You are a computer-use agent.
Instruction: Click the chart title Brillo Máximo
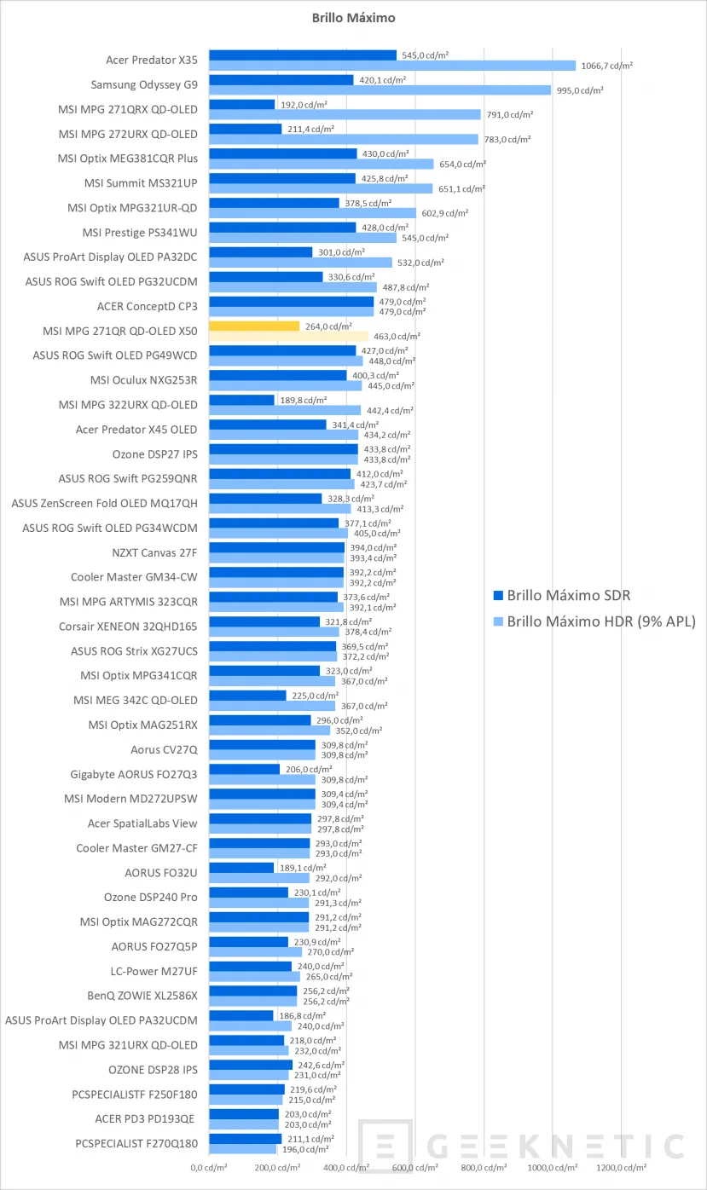click(x=353, y=16)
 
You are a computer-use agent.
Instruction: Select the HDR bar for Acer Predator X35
click(x=392, y=66)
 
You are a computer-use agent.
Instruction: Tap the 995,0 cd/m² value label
click(x=582, y=90)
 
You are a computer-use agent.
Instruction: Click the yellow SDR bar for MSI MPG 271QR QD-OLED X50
click(x=254, y=326)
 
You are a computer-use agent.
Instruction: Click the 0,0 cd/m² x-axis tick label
click(x=209, y=1167)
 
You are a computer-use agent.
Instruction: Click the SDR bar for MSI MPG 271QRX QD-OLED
click(x=242, y=104)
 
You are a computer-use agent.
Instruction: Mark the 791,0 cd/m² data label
click(x=512, y=114)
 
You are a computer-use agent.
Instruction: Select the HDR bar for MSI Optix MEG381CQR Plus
click(x=322, y=164)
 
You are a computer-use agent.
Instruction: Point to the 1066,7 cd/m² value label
click(x=606, y=66)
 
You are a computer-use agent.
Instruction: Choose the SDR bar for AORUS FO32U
click(x=241, y=868)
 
